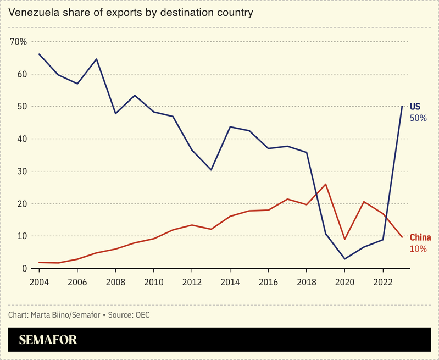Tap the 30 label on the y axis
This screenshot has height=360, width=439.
[x=21, y=171]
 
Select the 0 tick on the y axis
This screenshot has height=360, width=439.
[x=24, y=269]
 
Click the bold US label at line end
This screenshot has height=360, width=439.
[x=415, y=107]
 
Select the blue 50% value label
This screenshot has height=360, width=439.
[x=418, y=118]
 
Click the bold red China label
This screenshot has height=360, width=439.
[x=420, y=237]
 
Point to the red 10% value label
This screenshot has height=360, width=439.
[x=418, y=249]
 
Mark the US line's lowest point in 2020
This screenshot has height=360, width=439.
[x=344, y=259]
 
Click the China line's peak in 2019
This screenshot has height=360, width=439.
[x=326, y=184]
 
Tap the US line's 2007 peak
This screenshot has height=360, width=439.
[x=97, y=59]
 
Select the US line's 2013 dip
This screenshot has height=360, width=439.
[x=211, y=170]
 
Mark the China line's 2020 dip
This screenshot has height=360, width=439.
[x=344, y=239]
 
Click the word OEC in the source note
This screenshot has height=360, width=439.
[x=142, y=315]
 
